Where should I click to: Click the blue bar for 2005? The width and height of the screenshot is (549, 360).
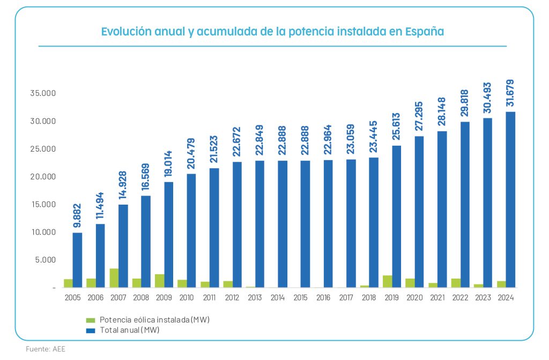click(78, 260)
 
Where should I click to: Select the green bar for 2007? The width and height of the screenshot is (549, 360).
click(114, 278)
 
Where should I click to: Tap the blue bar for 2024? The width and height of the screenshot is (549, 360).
click(510, 200)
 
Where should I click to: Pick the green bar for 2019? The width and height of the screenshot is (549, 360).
click(387, 282)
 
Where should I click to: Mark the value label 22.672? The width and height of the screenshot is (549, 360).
click(237, 142)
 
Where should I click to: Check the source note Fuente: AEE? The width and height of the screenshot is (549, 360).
click(46, 349)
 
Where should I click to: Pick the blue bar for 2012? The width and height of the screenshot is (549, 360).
click(237, 224)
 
